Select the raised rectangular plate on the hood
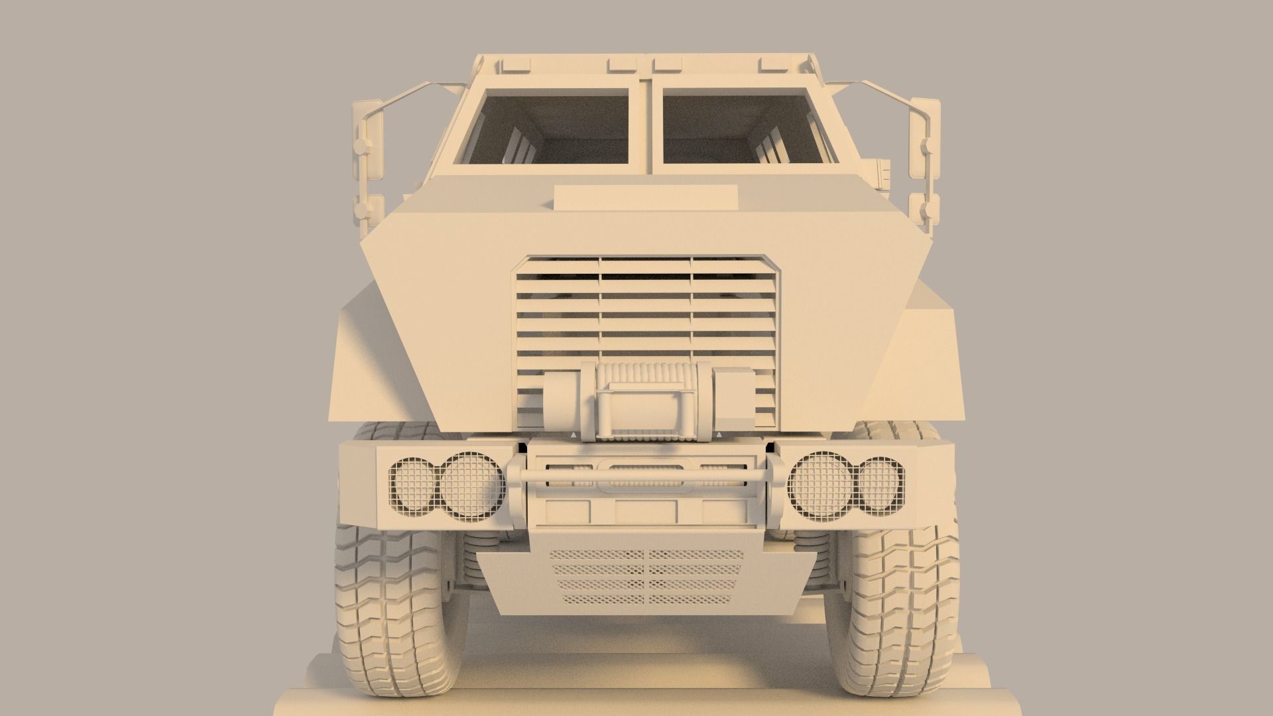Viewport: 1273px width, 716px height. click(646, 196)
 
